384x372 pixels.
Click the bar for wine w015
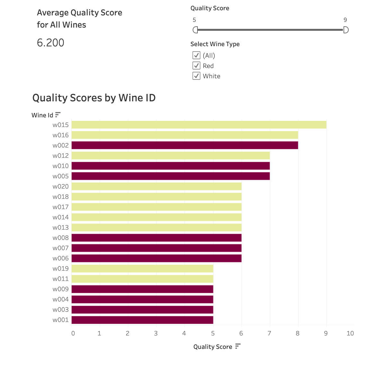(199, 125)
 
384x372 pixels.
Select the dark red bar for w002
(185, 145)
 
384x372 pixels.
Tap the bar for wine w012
(170, 156)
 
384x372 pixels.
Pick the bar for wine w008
(156, 238)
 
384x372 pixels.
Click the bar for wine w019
(142, 268)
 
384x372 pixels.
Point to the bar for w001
(142, 320)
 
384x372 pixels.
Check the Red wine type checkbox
(196, 66)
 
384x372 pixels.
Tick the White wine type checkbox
(196, 76)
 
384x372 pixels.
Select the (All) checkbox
(196, 55)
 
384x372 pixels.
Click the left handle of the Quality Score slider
(195, 30)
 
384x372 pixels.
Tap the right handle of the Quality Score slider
(346, 30)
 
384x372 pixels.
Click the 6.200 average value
(50, 43)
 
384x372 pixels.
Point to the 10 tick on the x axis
(350, 334)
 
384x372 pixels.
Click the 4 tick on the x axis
(184, 334)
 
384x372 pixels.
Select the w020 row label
(61, 186)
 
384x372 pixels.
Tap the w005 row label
(61, 176)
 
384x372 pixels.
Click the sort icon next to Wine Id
(58, 114)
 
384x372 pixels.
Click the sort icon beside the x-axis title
(238, 346)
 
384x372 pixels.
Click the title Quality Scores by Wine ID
(94, 98)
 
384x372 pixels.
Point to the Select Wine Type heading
(215, 44)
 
